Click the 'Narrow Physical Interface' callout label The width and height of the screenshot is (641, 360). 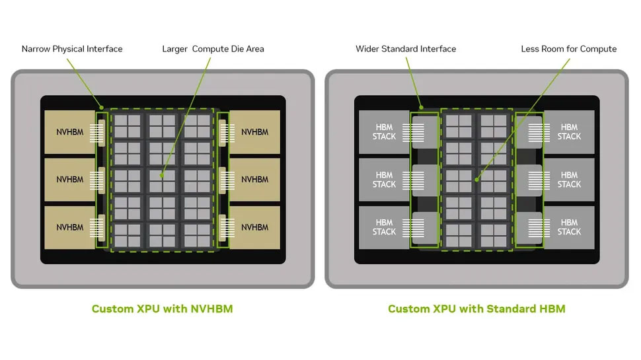click(72, 49)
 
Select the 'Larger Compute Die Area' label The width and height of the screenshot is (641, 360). click(213, 49)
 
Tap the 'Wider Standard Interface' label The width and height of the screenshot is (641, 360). click(406, 49)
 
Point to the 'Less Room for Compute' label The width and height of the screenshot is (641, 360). click(569, 49)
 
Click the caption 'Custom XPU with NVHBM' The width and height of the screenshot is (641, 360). click(163, 308)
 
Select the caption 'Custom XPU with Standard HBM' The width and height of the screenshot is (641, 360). click(476, 308)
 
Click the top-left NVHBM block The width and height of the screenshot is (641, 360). click(70, 132)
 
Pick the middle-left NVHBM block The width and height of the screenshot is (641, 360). click(70, 180)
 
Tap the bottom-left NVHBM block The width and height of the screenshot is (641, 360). click(70, 227)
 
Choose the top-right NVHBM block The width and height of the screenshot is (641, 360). click(254, 132)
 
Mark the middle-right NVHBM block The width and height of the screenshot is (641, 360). click(254, 180)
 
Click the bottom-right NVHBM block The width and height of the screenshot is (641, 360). click(254, 227)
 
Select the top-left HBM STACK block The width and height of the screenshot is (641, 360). click(385, 132)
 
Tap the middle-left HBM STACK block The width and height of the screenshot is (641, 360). click(385, 180)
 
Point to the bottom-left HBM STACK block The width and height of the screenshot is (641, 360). click(385, 227)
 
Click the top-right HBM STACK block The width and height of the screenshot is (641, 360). click(569, 132)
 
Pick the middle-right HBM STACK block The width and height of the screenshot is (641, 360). click(569, 180)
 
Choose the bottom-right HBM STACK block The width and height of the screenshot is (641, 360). click(569, 227)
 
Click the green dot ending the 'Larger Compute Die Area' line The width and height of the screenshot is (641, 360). click(162, 175)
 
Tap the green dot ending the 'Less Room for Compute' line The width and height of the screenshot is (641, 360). click(476, 180)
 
